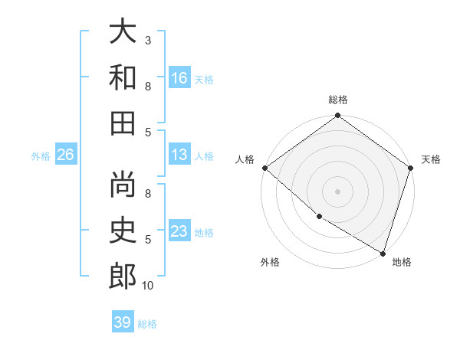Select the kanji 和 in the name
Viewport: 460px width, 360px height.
[123, 77]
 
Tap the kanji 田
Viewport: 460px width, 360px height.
[123, 122]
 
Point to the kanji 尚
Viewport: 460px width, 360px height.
[123, 185]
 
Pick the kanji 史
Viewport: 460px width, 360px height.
[123, 230]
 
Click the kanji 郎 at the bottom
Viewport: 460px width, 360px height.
[123, 276]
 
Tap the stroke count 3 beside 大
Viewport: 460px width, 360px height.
[148, 40]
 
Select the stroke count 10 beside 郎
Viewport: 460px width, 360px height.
[148, 286]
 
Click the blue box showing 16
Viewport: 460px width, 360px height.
[179, 78]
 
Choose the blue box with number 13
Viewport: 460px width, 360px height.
[179, 155]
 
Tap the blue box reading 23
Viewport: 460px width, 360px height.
[179, 231]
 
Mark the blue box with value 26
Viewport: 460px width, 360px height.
[66, 155]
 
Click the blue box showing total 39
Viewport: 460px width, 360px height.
[123, 322]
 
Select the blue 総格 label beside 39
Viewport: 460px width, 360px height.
[147, 324]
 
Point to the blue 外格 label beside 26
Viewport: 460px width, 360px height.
[41, 156]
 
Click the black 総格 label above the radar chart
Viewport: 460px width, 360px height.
[337, 100]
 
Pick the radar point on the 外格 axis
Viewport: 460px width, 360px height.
[318, 217]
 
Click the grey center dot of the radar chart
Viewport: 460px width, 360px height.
[337, 191]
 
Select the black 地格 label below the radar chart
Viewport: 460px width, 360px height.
[402, 263]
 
